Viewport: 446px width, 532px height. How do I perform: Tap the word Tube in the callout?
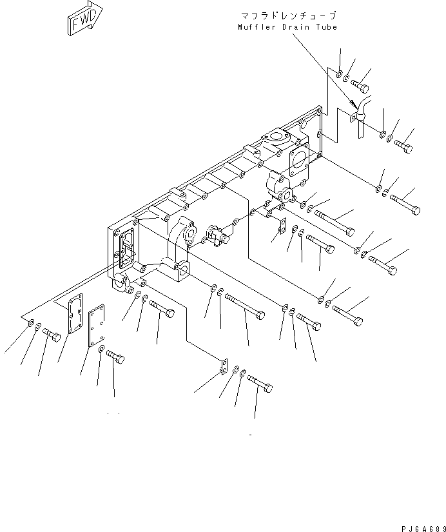(x=327, y=27)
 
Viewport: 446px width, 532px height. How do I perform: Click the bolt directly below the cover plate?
(x=115, y=356)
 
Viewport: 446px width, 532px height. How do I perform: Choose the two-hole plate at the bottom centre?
(x=222, y=367)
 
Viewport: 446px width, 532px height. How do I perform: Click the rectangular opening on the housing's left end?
(x=126, y=246)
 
